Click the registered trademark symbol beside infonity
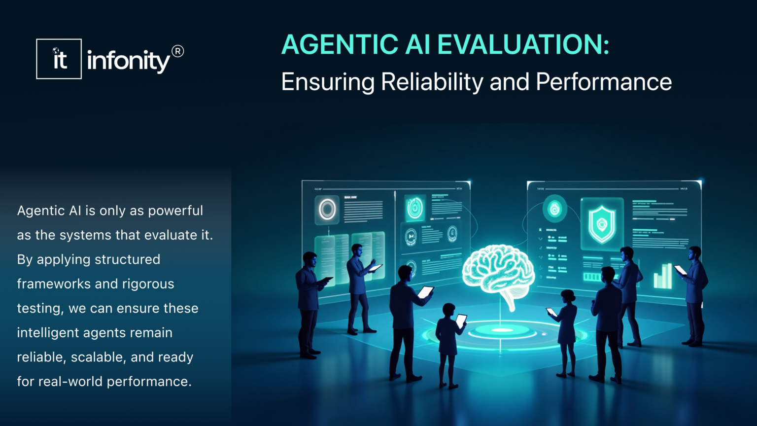click(x=177, y=51)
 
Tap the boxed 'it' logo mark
click(x=59, y=59)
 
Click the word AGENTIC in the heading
click(x=340, y=44)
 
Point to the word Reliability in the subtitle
click(x=432, y=82)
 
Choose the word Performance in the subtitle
click(x=604, y=82)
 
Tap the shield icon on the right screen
click(x=602, y=224)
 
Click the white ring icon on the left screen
click(x=327, y=210)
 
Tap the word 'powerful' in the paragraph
click(x=175, y=211)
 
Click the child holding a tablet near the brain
click(x=448, y=345)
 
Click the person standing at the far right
click(x=695, y=296)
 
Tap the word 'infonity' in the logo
click(x=128, y=61)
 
